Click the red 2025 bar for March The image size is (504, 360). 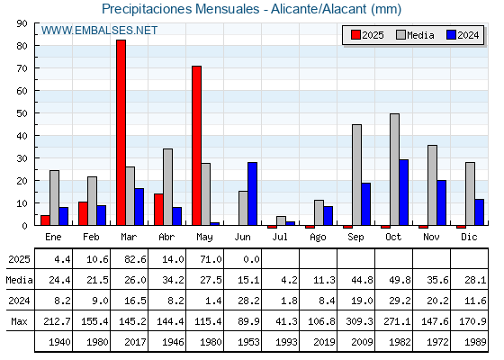(x=121, y=132)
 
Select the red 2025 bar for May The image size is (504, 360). (x=197, y=146)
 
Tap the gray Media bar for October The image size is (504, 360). (x=394, y=169)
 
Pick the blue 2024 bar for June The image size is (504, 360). (x=252, y=193)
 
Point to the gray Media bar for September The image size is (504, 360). (x=356, y=175)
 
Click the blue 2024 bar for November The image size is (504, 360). (x=441, y=202)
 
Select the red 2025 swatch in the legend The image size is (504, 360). (x=355, y=35)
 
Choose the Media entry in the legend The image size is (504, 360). (x=415, y=35)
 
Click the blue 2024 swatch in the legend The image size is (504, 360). (x=451, y=35)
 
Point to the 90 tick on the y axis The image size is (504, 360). (x=22, y=23)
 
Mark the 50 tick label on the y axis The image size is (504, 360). (x=22, y=113)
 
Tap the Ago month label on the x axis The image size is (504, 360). (x=318, y=238)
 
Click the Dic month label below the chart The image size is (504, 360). (x=469, y=237)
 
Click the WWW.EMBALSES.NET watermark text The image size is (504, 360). (x=99, y=31)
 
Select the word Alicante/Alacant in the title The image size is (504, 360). (x=319, y=9)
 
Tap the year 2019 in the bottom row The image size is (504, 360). (x=324, y=342)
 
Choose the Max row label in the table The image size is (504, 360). (x=19, y=321)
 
